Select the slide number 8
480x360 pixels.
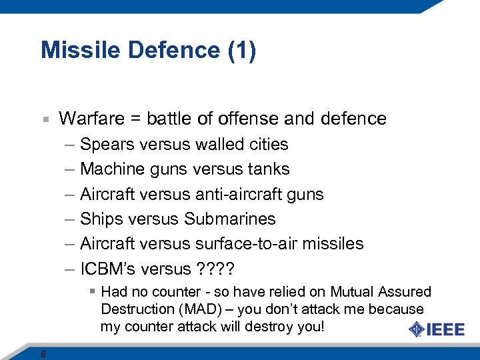click(43, 354)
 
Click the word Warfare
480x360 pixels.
click(91, 119)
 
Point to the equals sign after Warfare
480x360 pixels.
click(135, 119)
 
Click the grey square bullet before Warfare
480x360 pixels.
click(45, 119)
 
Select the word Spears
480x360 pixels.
click(103, 145)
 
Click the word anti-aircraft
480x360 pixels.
click(239, 194)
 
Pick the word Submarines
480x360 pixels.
click(230, 219)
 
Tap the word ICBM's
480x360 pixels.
click(108, 269)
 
